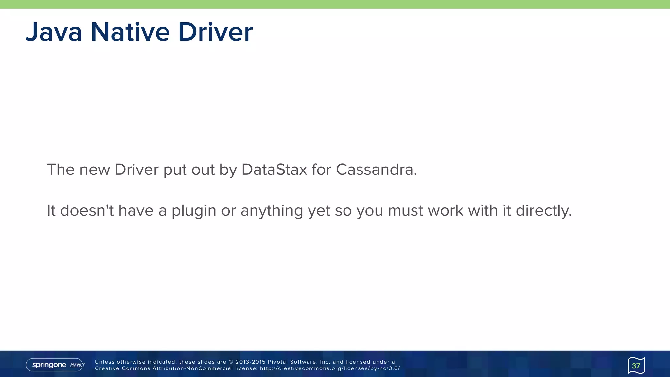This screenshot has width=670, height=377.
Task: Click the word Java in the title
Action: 54,32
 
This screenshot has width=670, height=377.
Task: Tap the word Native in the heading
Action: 130,32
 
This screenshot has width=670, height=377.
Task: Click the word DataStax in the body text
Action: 274,170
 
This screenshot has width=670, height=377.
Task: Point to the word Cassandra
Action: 376,170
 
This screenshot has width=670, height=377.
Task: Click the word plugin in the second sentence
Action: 194,211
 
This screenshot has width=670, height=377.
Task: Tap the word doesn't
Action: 87,210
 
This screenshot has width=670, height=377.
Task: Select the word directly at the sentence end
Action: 543,211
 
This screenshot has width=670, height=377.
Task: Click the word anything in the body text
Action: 272,211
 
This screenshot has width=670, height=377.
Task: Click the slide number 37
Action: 636,366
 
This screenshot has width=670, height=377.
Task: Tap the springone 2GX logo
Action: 56,365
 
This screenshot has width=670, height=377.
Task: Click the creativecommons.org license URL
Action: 330,368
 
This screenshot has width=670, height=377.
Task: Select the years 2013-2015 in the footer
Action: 250,362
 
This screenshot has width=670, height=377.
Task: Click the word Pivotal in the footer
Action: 278,362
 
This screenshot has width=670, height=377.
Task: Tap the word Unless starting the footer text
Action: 104,362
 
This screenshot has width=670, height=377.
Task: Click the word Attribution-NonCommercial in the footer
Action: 192,368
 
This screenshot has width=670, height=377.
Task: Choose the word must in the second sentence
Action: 405,211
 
